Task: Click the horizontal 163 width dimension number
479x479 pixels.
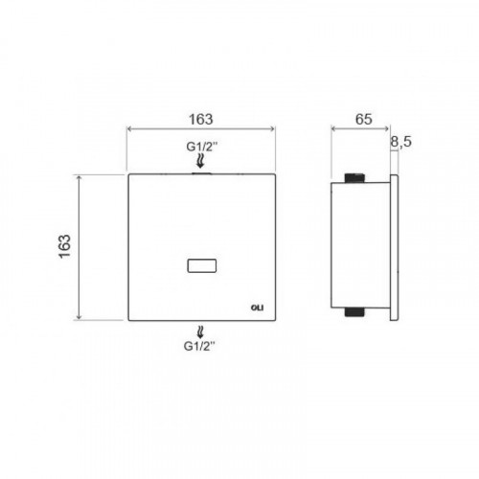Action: click(x=201, y=119)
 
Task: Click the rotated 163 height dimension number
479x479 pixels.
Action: click(x=65, y=246)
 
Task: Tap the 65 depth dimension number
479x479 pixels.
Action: click(x=364, y=119)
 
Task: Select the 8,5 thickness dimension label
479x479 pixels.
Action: click(x=401, y=142)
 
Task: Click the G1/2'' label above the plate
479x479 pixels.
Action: click(x=202, y=147)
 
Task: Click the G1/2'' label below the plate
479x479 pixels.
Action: click(x=199, y=346)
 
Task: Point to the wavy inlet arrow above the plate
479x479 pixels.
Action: click(x=200, y=161)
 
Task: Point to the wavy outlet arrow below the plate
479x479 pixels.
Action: click(x=200, y=332)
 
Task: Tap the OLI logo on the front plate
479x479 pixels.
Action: click(x=257, y=308)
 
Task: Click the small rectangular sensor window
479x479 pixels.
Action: click(x=202, y=265)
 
